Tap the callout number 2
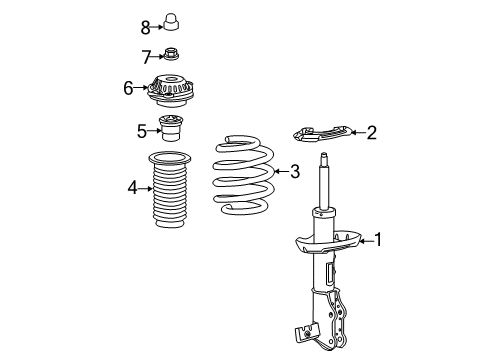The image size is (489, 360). [371, 131]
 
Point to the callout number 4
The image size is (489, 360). [133, 186]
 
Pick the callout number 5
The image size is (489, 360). [141, 129]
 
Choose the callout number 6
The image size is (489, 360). [128, 88]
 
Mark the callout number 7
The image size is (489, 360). [145, 55]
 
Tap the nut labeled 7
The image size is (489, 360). [171, 55]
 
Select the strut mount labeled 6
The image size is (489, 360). [172, 88]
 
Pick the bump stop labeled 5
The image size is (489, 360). [172, 131]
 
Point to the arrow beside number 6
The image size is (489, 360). [141, 88]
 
